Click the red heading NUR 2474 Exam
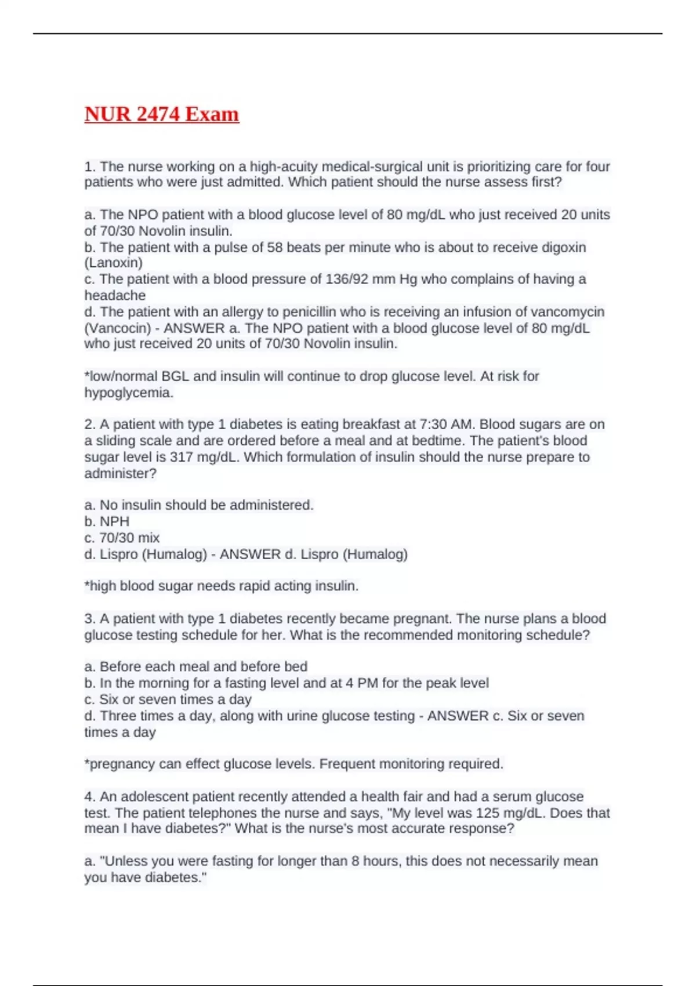[161, 114]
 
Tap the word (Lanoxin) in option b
[113, 263]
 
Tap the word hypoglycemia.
[128, 393]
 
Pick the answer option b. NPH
[107, 521]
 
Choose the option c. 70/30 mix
[122, 538]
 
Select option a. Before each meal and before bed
[195, 666]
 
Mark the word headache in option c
[115, 295]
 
